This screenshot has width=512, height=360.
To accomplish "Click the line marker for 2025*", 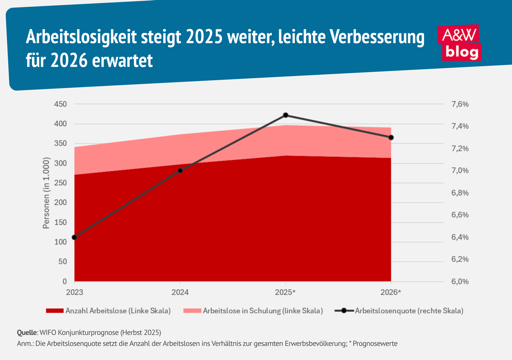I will tap(286, 115).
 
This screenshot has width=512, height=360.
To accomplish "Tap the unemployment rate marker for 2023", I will tap(75, 237).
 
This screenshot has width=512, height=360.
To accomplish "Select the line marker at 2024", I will tap(180, 170).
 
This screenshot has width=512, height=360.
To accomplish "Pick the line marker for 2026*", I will tap(391, 137).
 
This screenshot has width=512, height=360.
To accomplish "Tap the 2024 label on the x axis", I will tap(180, 292).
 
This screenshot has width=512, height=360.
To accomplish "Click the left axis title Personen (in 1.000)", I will tap(47, 193).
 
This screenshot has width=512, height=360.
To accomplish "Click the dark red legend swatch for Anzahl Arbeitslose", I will tap(54, 311).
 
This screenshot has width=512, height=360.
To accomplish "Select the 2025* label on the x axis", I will tap(285, 292).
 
